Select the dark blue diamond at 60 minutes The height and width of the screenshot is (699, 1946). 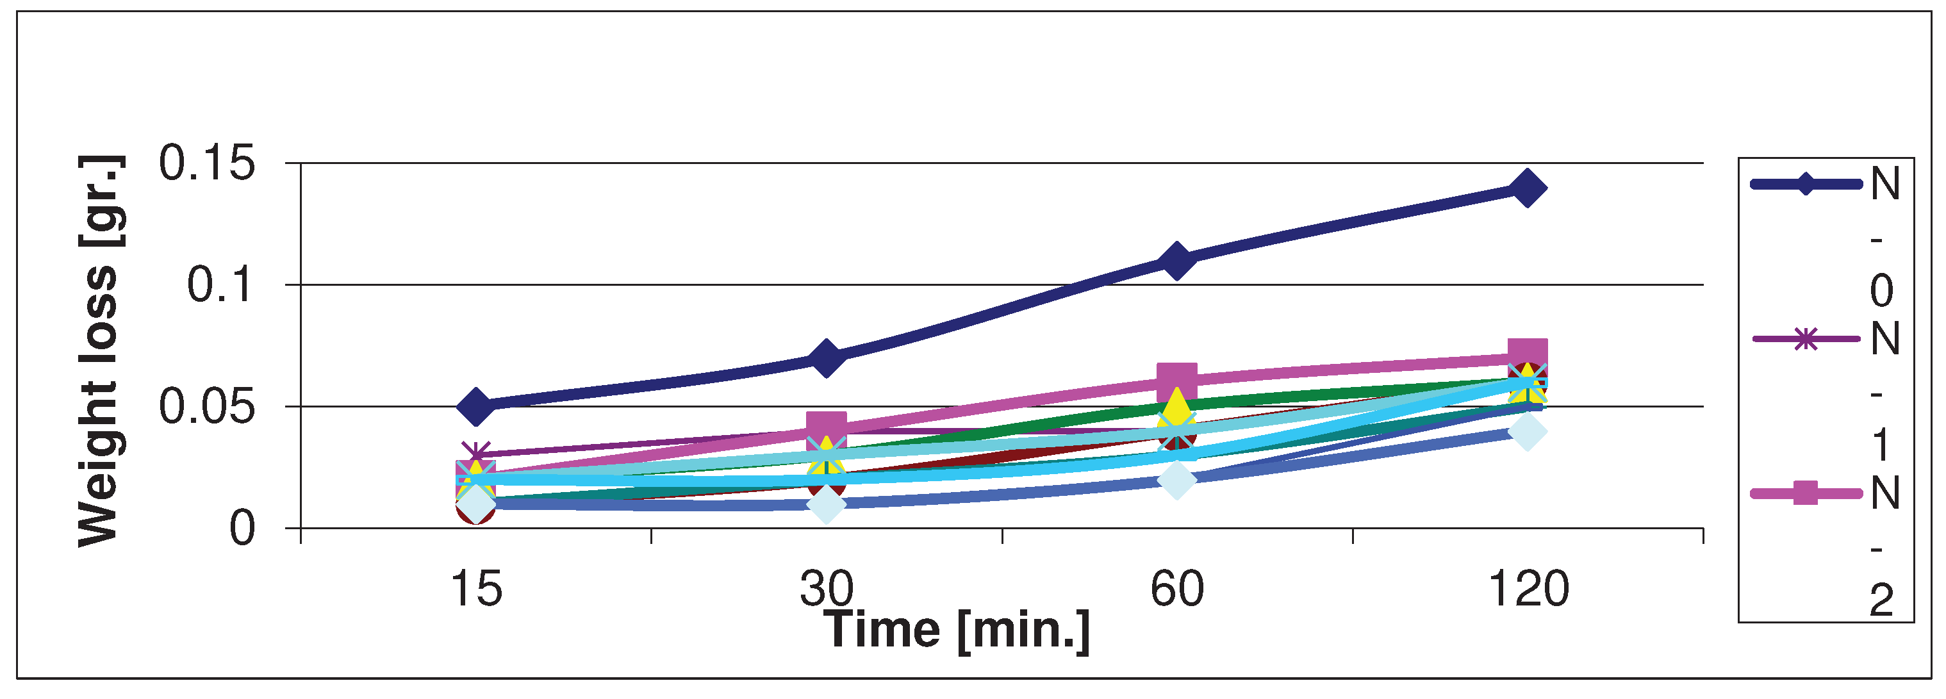pos(1176,260)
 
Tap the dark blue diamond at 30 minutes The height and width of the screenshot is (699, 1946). pos(826,357)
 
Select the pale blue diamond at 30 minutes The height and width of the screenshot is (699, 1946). pos(826,504)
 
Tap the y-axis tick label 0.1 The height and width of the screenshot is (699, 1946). pos(220,285)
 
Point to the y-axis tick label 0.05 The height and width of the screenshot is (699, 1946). pos(207,407)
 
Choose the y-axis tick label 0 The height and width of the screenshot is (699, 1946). pos(242,528)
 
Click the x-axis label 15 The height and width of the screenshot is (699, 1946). pos(476,589)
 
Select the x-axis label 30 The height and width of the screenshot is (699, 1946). pos(826,589)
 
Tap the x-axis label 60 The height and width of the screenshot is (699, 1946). pos(1176,589)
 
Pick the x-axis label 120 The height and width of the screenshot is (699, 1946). pos(1528,589)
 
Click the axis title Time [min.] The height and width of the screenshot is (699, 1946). pos(957,630)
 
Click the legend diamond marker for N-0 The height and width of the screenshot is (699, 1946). pos(1806,184)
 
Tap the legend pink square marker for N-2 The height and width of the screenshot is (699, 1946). pos(1806,493)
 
